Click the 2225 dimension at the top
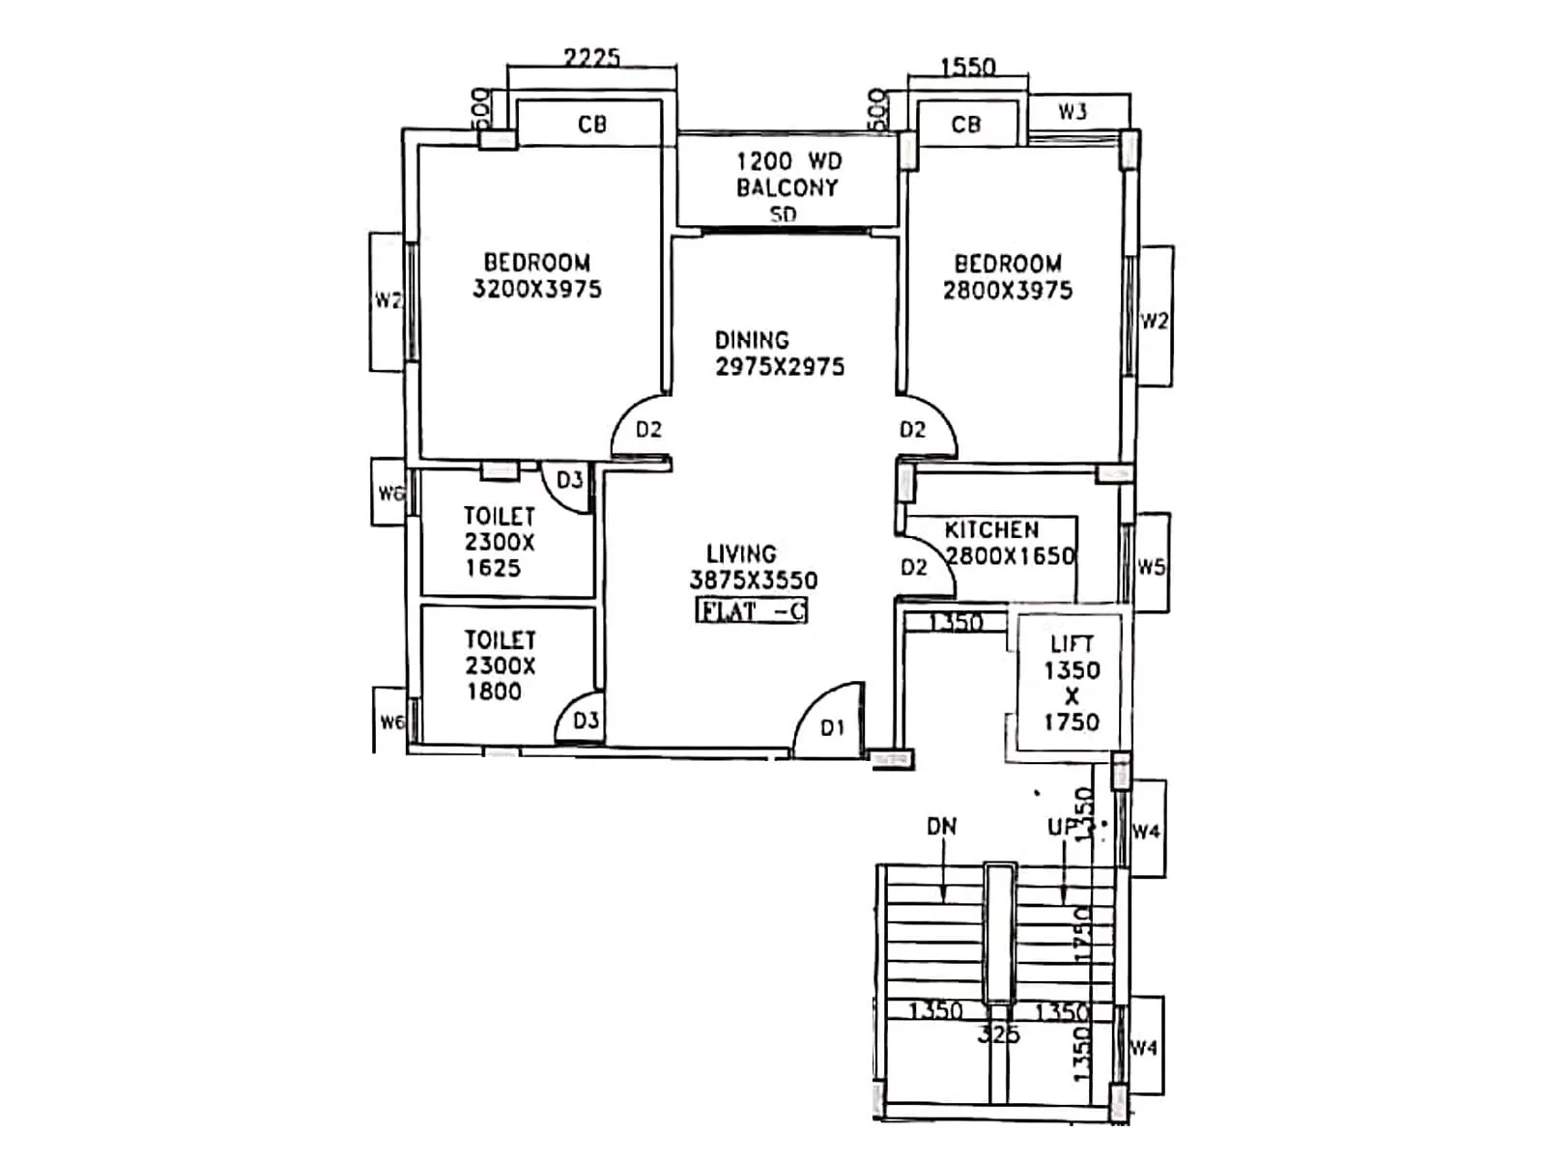(591, 58)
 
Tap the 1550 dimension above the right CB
(967, 67)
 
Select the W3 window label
(1072, 111)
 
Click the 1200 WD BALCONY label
(787, 175)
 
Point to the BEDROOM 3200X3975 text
(537, 275)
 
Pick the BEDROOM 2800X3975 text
(1008, 277)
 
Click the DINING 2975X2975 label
(779, 353)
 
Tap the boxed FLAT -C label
(751, 610)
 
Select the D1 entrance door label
(832, 728)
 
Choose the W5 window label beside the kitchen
(1150, 567)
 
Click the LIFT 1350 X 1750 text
(1071, 682)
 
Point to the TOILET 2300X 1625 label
(499, 542)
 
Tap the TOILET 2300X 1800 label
(499, 665)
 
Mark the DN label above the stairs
(941, 827)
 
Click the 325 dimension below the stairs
(998, 1035)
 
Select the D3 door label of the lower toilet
(586, 721)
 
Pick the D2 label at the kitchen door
(913, 567)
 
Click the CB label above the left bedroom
(591, 125)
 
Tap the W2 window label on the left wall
(387, 300)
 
